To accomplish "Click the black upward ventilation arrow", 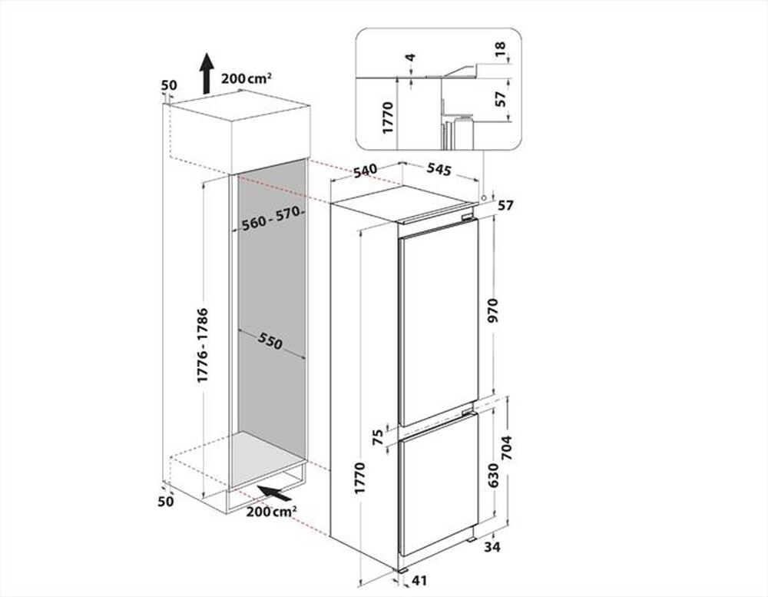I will pos(206,74).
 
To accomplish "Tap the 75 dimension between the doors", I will pos(378,436).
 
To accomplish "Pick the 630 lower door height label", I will pos(494,475).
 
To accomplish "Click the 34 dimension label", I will pos(493,547).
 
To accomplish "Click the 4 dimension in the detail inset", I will pos(412,58).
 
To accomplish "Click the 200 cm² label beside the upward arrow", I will pos(246,78).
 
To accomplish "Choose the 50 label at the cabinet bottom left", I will pos(166,501).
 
